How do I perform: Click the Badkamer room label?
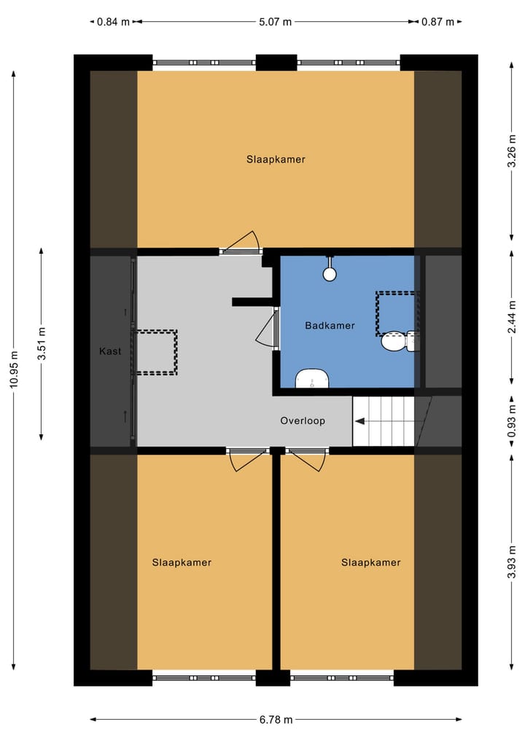click(330, 326)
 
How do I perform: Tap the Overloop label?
click(303, 421)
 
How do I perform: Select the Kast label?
click(110, 352)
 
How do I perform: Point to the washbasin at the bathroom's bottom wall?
click(312, 379)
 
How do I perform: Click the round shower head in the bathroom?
click(330, 274)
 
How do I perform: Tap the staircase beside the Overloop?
click(384, 421)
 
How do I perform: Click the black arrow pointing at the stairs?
click(361, 421)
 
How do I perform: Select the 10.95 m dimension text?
click(14, 386)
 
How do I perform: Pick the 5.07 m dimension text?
click(275, 22)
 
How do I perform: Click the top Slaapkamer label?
click(276, 160)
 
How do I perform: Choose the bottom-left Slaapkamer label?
click(182, 562)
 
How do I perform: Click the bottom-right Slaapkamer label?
click(370, 562)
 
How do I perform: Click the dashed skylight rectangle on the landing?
click(155, 353)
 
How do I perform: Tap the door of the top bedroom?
click(241, 243)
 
